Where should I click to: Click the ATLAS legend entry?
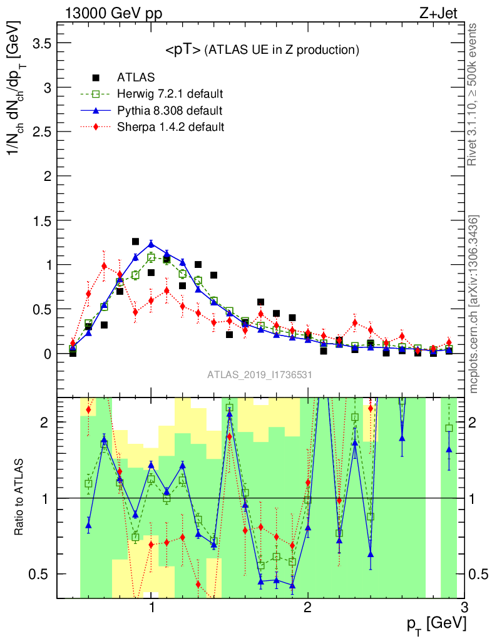[135, 78]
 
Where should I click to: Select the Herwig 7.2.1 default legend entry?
[170, 94]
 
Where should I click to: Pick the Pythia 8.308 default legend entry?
[169, 110]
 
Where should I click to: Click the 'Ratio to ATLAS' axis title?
[20, 498]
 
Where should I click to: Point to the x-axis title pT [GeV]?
[436, 624]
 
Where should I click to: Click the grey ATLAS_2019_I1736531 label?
[260, 375]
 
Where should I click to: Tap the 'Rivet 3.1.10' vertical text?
[473, 94]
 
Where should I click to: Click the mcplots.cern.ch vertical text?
[474, 304]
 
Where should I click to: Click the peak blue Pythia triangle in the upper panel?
[151, 244]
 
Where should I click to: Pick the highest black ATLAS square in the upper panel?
[135, 241]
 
